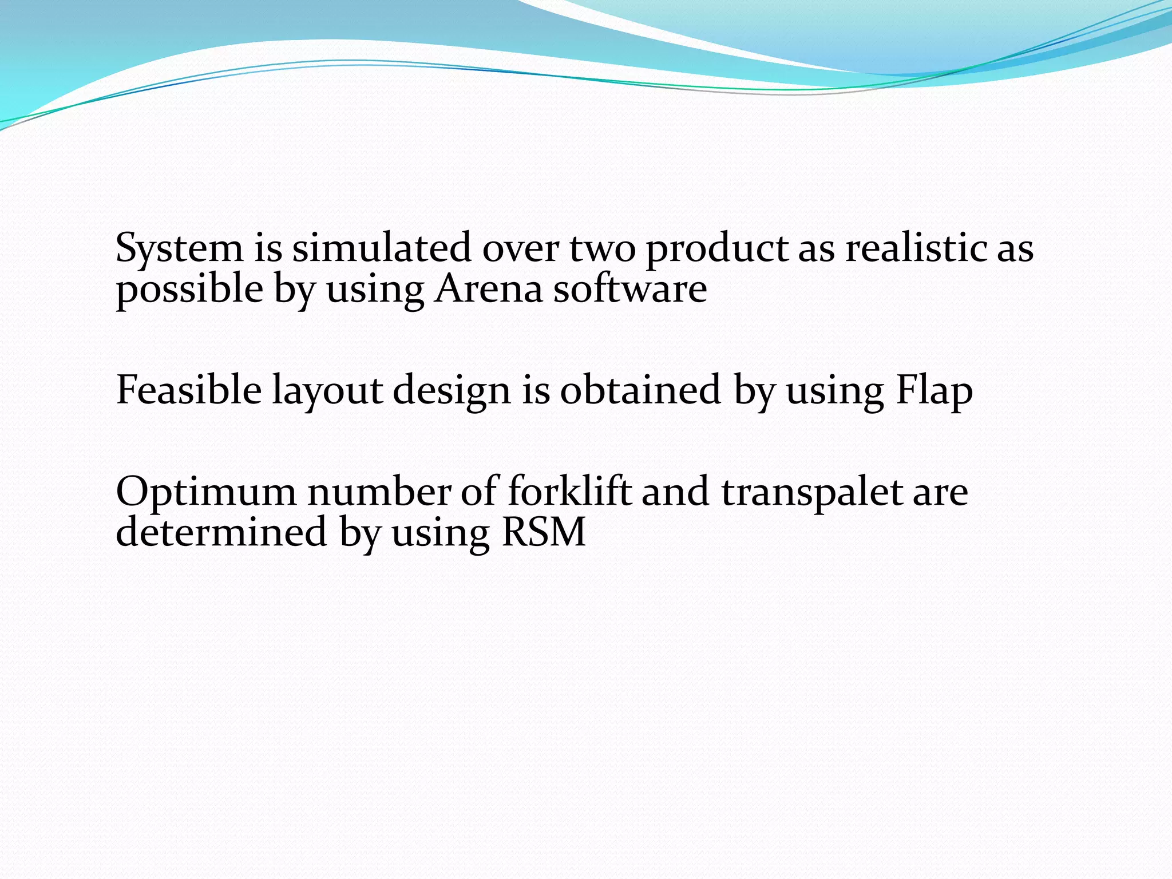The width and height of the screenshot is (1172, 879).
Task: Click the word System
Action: point(179,250)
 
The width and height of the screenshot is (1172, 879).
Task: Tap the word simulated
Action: point(382,248)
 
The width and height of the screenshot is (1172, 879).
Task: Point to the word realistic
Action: point(916,248)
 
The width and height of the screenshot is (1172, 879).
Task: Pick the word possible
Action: point(189,290)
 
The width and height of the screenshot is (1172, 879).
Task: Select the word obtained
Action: point(640,390)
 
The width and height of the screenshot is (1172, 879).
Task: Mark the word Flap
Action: point(934,391)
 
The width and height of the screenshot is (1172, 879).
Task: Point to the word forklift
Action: point(569,492)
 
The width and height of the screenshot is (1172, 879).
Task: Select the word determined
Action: point(221,532)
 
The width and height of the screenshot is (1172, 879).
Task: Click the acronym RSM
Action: point(543,532)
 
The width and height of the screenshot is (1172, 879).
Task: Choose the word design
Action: point(452,391)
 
